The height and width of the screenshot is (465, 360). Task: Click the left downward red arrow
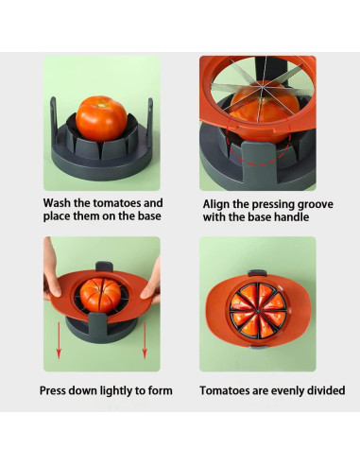pyautogui.click(x=59, y=341)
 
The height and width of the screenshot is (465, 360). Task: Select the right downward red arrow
pyautogui.click(x=145, y=341)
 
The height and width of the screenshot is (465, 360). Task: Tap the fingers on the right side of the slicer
pyautogui.click(x=151, y=284)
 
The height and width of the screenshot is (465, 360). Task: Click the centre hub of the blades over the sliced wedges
pyautogui.click(x=258, y=311)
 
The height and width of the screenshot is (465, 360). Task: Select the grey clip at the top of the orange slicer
pyautogui.click(x=257, y=273)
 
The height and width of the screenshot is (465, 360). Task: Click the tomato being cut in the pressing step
pyautogui.click(x=100, y=296)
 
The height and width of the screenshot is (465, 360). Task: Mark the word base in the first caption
pyautogui.click(x=149, y=216)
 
